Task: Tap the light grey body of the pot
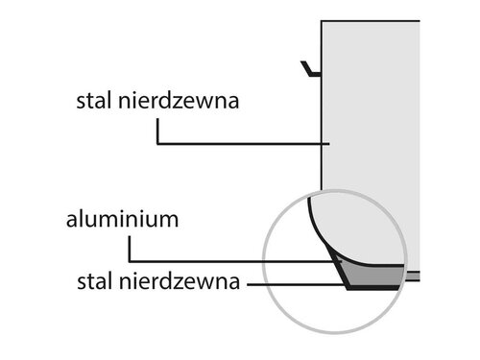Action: click(370, 115)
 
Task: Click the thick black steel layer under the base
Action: click(374, 289)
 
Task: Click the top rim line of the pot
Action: click(370, 19)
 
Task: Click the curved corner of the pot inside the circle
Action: click(316, 216)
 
